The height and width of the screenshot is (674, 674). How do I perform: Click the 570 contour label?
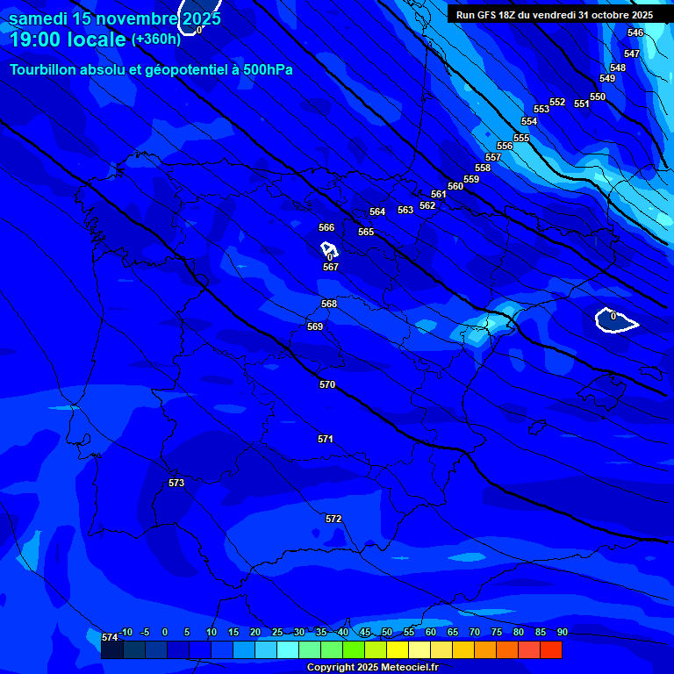coord(327,384)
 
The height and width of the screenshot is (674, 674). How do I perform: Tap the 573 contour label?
coord(176,483)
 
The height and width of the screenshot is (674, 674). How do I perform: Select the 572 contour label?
coord(333,519)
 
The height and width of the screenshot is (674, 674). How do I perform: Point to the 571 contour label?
coord(326,439)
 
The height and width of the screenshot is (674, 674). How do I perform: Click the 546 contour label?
coord(635,32)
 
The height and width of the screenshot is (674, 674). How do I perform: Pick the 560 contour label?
coord(455,186)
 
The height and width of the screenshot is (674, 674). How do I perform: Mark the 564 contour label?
coord(377,212)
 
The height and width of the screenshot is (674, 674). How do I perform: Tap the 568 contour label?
coord(329,304)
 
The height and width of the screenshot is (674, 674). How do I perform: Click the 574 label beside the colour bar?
coord(110,637)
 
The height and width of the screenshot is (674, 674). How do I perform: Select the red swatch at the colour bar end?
coord(551,650)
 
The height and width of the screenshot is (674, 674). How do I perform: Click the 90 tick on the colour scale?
coord(562,632)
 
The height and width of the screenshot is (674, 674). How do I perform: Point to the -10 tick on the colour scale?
coord(126,632)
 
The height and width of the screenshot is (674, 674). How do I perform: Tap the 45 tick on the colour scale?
coord(365,632)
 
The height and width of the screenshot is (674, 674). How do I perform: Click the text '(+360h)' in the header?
coord(156,39)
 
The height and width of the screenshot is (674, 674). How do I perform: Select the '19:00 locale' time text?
coord(68,39)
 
